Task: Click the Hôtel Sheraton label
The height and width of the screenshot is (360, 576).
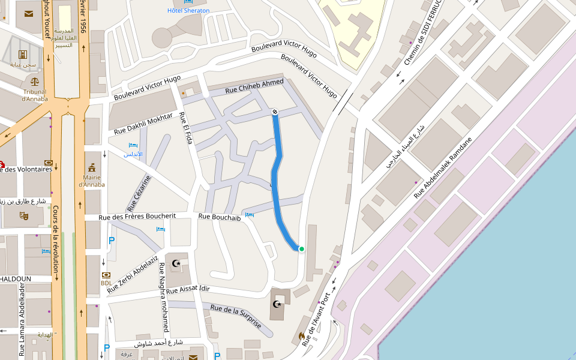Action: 188,11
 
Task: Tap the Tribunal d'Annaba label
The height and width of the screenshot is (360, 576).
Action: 34,95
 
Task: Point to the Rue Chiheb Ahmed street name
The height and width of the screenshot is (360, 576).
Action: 254,86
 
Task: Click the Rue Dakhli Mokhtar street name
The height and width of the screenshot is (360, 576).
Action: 143,123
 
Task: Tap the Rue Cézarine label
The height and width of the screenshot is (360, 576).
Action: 139,193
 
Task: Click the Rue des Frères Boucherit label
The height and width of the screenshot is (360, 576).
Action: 137,216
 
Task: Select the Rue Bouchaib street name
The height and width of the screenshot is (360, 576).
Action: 219,217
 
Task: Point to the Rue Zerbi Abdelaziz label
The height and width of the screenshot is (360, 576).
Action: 133,274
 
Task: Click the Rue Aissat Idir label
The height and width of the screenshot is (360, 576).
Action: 188,290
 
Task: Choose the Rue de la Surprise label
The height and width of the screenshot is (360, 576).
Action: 236,316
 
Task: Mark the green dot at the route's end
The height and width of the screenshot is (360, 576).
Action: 302,249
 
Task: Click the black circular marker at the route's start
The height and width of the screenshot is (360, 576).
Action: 275,112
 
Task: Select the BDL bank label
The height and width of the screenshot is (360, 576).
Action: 106,283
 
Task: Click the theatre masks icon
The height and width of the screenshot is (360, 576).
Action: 24,215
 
